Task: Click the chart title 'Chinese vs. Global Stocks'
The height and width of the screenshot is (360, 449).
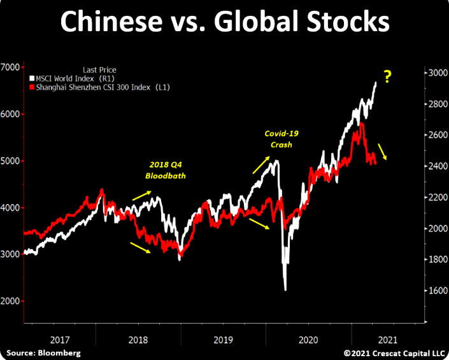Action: coord(224,22)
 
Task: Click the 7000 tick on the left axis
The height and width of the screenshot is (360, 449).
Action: coord(10,67)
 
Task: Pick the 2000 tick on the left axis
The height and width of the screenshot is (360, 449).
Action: coord(10,301)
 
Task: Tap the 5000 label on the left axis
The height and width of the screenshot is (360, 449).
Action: coord(10,161)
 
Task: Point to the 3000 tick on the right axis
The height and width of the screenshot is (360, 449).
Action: coord(434,73)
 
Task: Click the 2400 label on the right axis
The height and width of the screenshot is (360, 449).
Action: coord(434,166)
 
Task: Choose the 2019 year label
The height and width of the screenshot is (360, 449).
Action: coord(224,340)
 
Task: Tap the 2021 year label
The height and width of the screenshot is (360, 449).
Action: coord(388,340)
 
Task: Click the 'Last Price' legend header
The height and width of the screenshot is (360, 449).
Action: coord(99,69)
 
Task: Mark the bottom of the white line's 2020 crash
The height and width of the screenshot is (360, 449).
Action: coord(285,290)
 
